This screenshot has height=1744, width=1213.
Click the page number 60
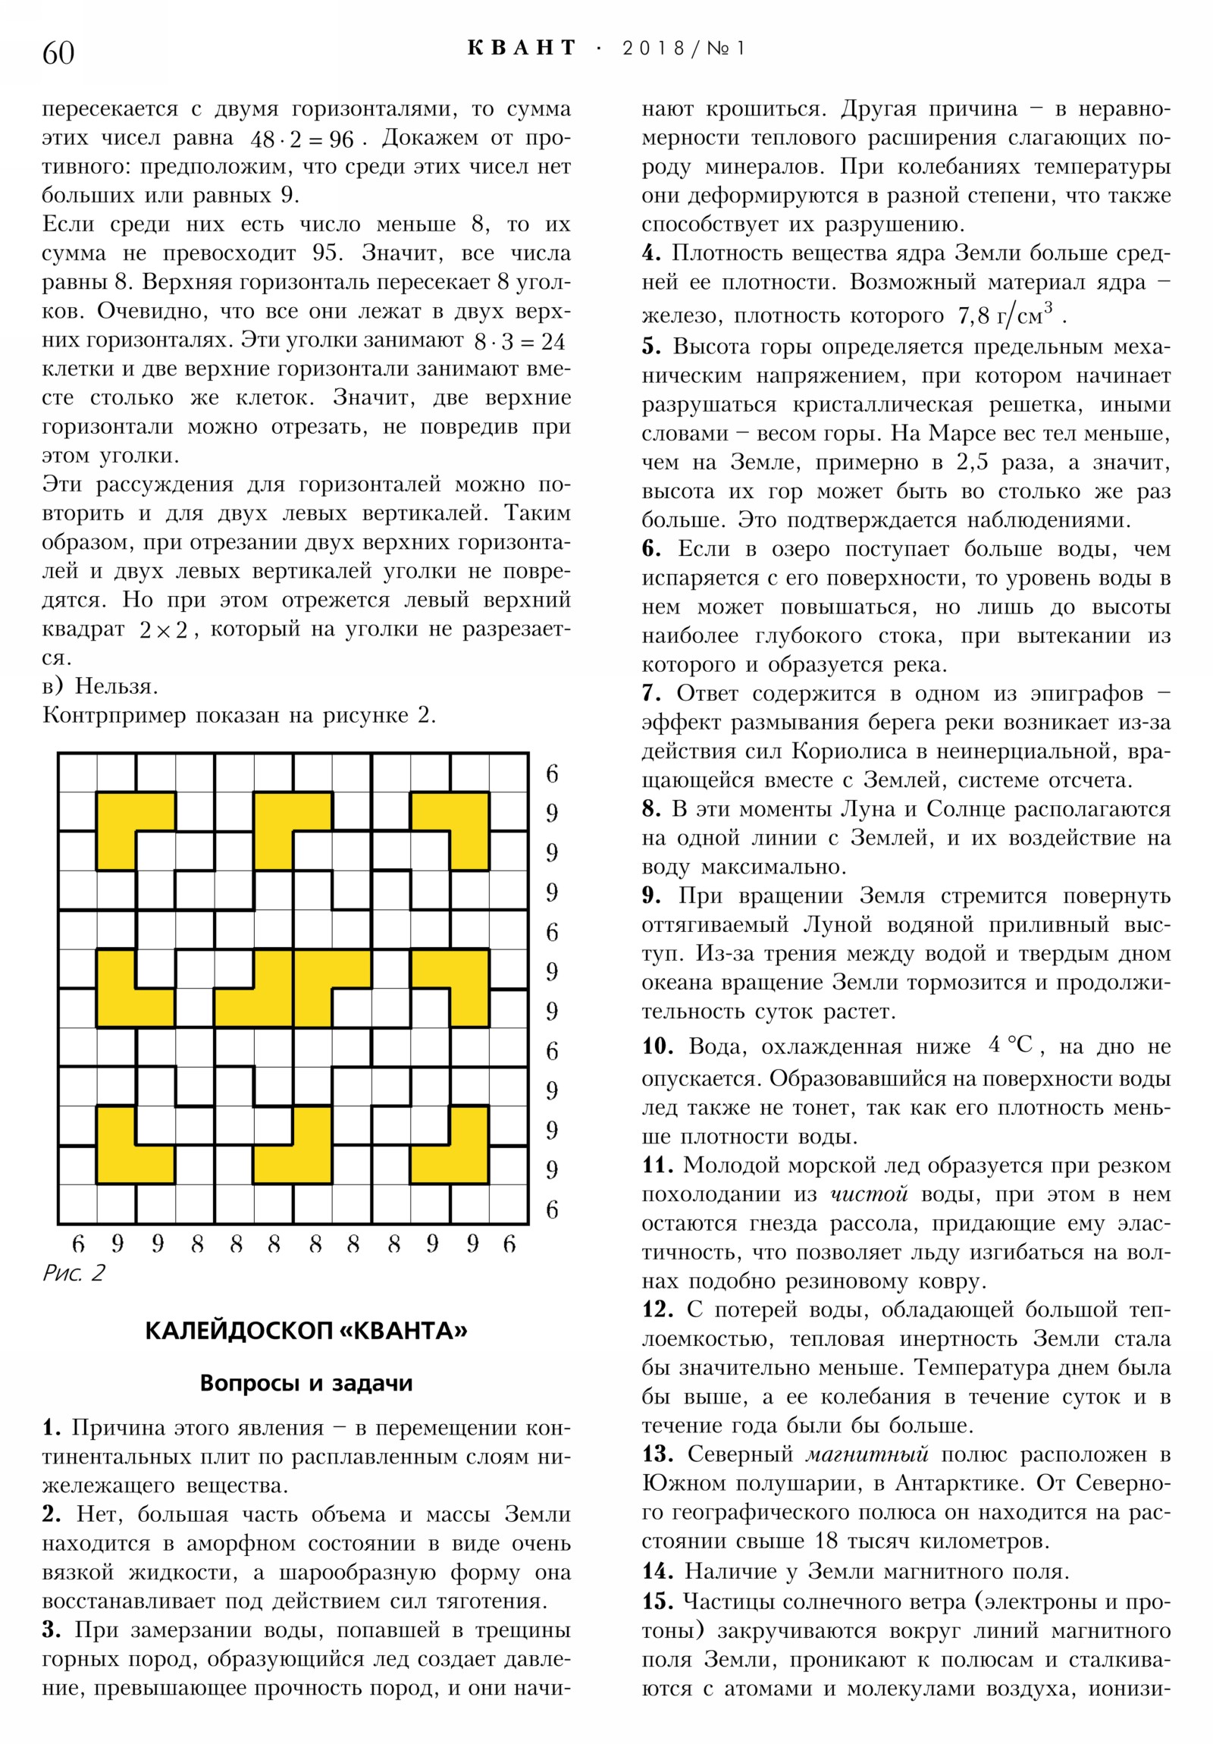[x=58, y=53]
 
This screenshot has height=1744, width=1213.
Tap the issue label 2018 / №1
[x=683, y=49]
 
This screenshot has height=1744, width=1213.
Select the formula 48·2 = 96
[x=302, y=140]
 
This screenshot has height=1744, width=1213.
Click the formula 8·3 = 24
[x=519, y=342]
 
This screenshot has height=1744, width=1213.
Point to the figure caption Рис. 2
[x=74, y=1273]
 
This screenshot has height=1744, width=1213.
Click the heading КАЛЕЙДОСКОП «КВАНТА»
[x=306, y=1331]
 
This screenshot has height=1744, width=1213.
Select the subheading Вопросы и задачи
[x=306, y=1382]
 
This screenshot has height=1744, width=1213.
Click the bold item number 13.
[x=658, y=1454]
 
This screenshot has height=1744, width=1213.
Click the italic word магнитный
[x=867, y=1454]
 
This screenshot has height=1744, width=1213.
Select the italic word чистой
[x=869, y=1194]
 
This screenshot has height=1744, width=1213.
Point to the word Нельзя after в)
[x=115, y=686]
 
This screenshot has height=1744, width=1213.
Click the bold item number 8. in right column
[x=651, y=809]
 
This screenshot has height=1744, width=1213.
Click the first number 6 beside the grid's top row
[x=552, y=773]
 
